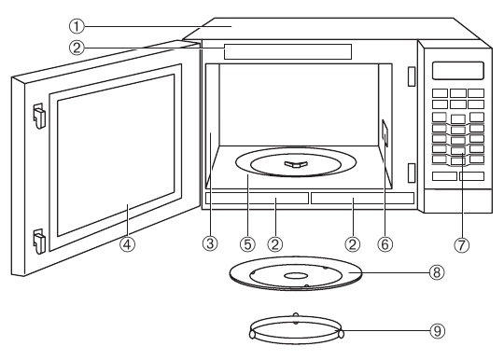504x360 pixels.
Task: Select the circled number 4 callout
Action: [128, 244]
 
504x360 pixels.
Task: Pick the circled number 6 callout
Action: [384, 244]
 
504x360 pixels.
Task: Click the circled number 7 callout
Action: [459, 244]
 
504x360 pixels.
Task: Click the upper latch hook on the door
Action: [38, 114]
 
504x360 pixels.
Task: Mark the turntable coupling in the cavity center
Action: [293, 164]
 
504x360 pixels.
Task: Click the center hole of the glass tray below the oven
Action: [295, 276]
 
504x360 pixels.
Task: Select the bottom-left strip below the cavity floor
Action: [256, 199]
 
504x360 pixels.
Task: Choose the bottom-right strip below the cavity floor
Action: [362, 199]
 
